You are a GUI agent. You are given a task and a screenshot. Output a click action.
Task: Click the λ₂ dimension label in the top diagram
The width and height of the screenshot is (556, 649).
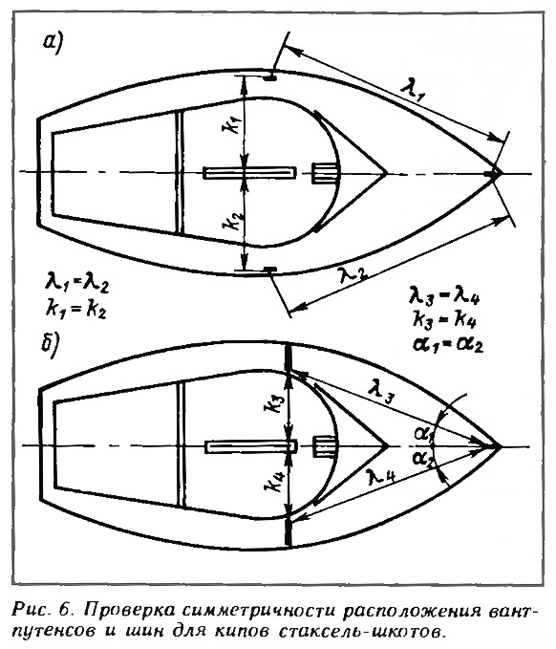353,272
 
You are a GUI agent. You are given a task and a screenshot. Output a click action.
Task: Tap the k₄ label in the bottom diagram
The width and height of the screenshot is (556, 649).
274,481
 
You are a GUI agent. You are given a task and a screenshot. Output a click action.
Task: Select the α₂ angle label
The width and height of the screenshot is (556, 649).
424,460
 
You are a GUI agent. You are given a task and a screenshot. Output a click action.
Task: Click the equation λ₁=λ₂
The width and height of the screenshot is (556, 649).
77,285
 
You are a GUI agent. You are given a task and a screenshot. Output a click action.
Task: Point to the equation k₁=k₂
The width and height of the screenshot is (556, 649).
76,309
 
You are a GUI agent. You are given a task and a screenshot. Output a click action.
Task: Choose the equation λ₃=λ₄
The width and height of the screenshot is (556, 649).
444,296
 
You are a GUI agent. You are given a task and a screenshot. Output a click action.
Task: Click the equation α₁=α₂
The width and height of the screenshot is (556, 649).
448,344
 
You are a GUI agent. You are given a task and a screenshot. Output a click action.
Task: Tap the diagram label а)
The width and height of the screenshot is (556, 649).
53,43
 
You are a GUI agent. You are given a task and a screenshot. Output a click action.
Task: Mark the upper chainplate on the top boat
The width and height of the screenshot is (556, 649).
269,77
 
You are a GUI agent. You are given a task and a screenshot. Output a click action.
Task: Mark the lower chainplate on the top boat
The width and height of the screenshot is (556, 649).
270,270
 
